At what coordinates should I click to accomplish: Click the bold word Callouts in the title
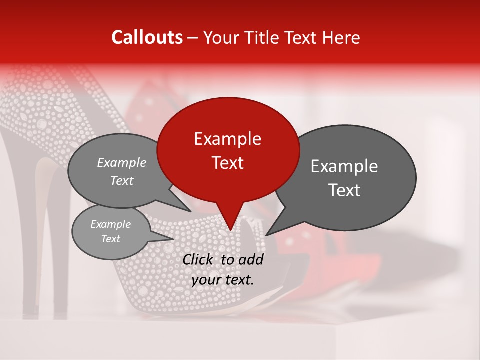pos(147,37)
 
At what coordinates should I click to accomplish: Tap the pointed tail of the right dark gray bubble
pos(268,234)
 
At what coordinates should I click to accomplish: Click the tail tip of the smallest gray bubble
pos(173,239)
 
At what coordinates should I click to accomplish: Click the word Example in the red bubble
pos(227,139)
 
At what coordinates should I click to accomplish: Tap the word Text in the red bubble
pos(227,163)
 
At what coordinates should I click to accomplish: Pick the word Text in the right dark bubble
pos(345,190)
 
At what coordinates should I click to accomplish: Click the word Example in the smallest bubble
pos(110,224)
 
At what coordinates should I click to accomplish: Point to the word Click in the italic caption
pos(199,259)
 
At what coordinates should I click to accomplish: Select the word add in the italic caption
pos(251,259)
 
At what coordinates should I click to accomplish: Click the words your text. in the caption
pos(222,280)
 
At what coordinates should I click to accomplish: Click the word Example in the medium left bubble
pos(122,162)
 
